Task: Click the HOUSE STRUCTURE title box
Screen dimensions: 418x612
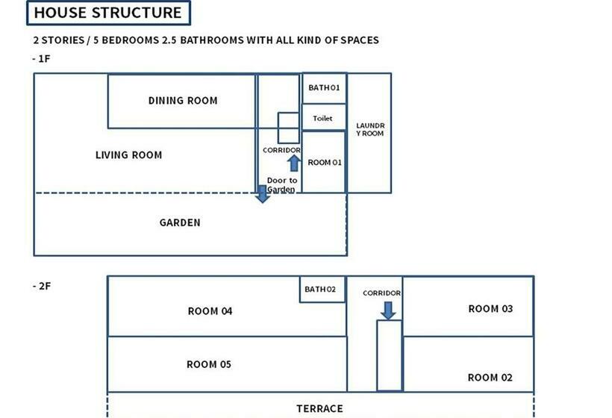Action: tap(108, 13)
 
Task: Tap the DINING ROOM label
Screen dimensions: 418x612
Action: tap(183, 101)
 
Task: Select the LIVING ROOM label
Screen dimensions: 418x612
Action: tap(128, 155)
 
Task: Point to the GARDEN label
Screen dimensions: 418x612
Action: tap(180, 222)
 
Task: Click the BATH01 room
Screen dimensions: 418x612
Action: tap(324, 88)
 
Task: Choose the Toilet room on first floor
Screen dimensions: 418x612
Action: tap(324, 118)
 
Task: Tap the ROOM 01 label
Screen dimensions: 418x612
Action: tap(324, 162)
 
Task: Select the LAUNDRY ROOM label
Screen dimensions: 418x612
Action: tap(369, 129)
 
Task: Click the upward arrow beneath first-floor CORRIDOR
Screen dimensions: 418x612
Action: tap(293, 163)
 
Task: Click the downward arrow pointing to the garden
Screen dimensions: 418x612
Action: tap(262, 194)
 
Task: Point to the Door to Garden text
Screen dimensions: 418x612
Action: tap(281, 185)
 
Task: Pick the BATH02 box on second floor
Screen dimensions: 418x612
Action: tap(322, 290)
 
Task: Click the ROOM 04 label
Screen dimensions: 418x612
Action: tap(210, 311)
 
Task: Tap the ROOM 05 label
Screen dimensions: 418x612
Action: tap(208, 364)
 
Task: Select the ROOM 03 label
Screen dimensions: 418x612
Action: tap(490, 308)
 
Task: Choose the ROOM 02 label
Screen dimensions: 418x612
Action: tap(490, 378)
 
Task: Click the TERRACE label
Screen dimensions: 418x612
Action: tap(320, 408)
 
